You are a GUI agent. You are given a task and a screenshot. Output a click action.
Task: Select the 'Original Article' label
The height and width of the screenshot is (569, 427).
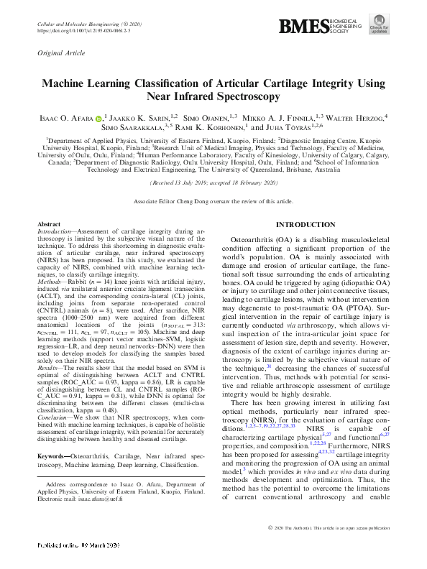[x=58, y=53]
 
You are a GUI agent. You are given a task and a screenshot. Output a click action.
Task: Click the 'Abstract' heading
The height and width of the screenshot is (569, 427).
[x=48, y=225]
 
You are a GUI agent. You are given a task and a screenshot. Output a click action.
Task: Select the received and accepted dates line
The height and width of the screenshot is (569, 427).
[x=213, y=184]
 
